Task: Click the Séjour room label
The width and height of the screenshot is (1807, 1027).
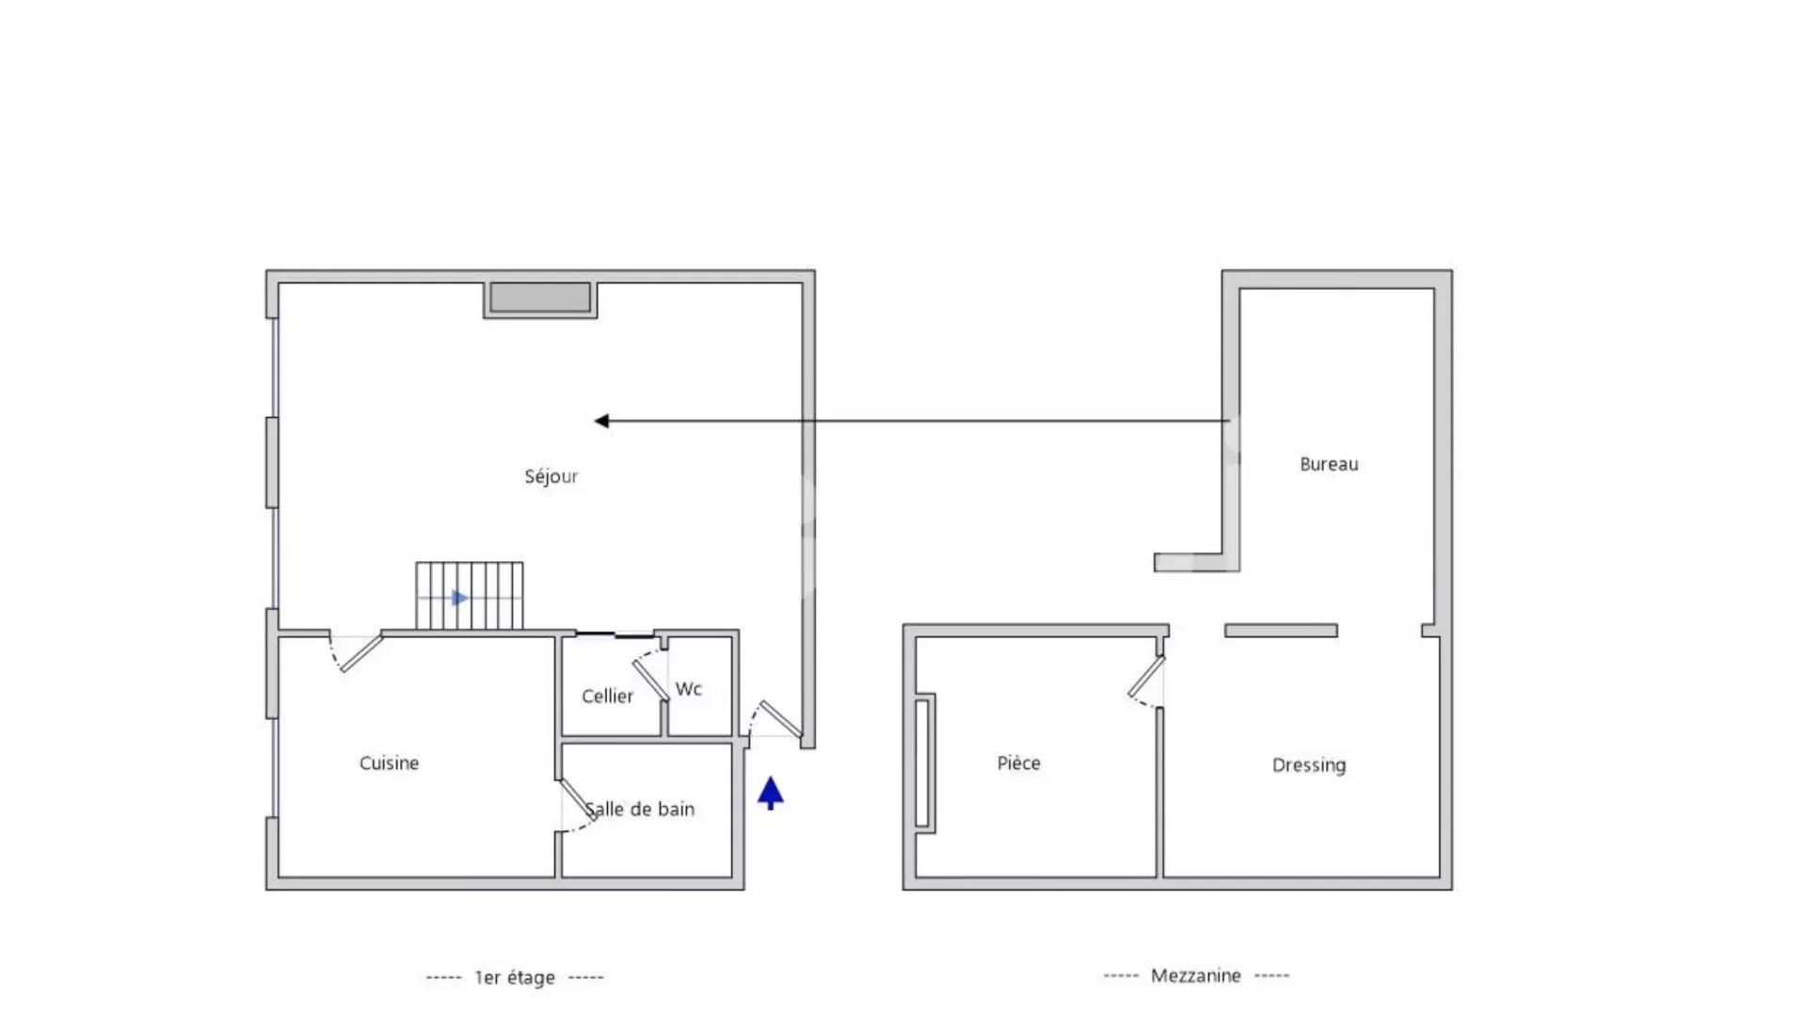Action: pos(552,476)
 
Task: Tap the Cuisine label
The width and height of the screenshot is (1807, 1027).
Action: pos(389,762)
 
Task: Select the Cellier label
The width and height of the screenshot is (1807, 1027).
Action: pos(607,696)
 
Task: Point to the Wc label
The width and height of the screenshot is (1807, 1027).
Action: pos(689,689)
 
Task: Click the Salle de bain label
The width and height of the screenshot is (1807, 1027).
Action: pos(640,809)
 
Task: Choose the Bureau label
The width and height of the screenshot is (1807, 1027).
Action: pos(1329,463)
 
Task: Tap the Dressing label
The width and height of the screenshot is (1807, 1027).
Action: pos(1309,765)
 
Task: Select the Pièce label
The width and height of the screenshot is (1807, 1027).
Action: pos(1019,762)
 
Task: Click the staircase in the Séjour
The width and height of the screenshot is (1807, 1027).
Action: pos(470,596)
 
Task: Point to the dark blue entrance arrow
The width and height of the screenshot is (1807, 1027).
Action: pos(771,793)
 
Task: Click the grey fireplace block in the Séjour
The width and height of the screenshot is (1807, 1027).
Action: pos(540,298)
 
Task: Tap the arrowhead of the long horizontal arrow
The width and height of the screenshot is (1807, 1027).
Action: pos(601,421)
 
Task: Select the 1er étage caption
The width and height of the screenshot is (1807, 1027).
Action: pos(515,977)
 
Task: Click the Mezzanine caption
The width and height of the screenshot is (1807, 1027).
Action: pos(1196,975)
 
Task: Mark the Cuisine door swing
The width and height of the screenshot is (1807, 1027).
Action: pos(355,652)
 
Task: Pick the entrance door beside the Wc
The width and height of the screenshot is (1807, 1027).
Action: pos(776,719)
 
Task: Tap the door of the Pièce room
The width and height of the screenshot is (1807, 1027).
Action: pos(1147,681)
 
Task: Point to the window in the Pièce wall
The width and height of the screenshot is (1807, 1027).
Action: pos(924,763)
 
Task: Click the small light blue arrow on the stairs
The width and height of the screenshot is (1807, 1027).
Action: pos(459,598)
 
